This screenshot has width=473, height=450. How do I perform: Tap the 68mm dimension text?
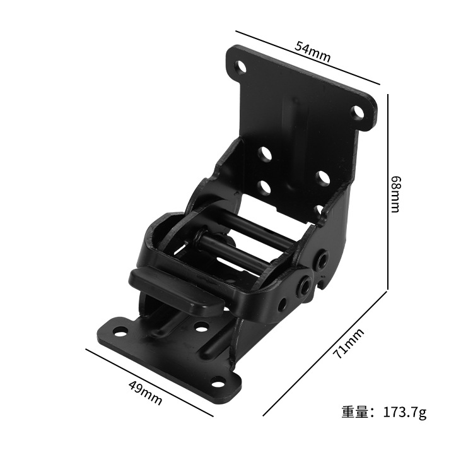395,194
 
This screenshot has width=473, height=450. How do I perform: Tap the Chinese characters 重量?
354,413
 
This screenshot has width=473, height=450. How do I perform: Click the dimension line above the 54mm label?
307,57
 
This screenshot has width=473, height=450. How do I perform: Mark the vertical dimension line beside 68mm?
387,189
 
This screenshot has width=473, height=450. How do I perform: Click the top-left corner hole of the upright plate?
241,66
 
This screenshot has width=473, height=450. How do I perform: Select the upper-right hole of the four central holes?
322,178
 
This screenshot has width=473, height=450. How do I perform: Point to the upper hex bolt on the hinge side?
323,259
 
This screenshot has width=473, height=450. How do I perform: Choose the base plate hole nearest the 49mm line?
218,381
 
